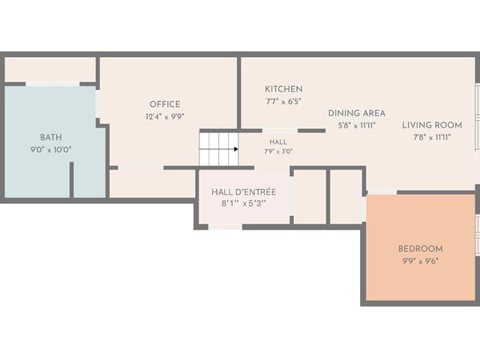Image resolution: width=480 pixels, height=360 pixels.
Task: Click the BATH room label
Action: tap(51, 137)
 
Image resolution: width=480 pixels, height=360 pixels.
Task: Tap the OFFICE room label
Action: tap(165, 104)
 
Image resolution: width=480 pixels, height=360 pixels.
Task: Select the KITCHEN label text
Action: tap(283, 89)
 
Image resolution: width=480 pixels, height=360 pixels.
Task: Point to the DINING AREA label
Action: tap(357, 113)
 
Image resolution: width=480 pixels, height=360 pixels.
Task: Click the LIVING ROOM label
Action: tap(432, 125)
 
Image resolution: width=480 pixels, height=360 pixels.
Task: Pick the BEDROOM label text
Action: tap(420, 249)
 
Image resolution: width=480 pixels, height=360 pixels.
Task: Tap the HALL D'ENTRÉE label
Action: tap(244, 192)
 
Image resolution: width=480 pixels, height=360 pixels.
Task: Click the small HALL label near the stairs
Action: tap(278, 142)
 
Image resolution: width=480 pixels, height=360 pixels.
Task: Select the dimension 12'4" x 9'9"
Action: tap(165, 117)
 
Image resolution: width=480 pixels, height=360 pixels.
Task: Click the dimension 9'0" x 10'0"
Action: tap(51, 150)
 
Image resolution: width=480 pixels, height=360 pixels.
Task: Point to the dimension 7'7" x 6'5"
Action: tap(283, 101)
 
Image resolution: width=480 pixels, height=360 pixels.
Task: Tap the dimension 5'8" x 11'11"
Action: tap(357, 125)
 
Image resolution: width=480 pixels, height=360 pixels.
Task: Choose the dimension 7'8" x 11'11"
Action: tap(432, 137)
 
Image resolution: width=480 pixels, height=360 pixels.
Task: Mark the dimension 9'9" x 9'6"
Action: tap(420, 262)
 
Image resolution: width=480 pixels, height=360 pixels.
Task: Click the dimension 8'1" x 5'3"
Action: tap(244, 204)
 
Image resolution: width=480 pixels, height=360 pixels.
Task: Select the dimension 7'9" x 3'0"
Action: tap(278, 151)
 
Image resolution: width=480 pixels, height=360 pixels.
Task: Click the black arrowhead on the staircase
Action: tap(236, 149)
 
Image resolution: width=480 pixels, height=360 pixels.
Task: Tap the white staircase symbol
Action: tap(218, 149)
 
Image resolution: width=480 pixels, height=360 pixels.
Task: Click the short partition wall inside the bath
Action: tap(72, 180)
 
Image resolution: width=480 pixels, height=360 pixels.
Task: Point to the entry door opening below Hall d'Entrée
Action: tap(225, 227)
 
